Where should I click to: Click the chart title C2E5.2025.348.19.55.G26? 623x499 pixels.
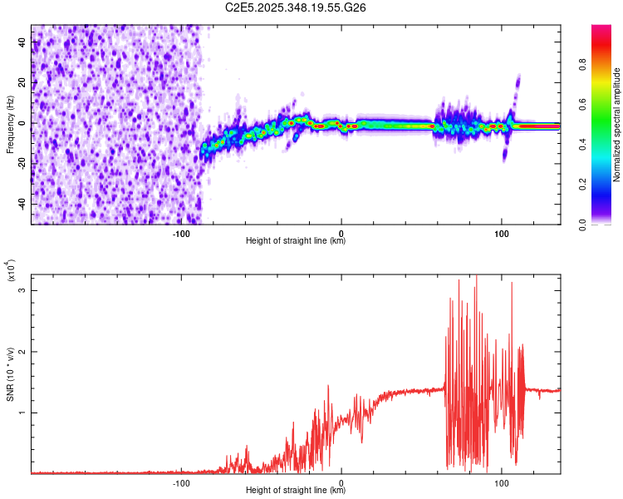[297, 7]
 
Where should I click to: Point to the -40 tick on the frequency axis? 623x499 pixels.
[21, 204]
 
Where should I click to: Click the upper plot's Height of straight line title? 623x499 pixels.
[296, 241]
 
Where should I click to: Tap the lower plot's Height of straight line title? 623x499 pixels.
[296, 490]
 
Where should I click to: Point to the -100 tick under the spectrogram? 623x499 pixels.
[181, 233]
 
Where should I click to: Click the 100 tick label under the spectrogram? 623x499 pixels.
[501, 233]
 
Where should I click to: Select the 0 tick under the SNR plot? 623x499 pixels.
[341, 482]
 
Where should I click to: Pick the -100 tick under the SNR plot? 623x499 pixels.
[181, 482]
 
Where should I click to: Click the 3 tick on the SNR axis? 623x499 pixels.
[23, 290]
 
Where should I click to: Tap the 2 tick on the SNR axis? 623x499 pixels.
[23, 352]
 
